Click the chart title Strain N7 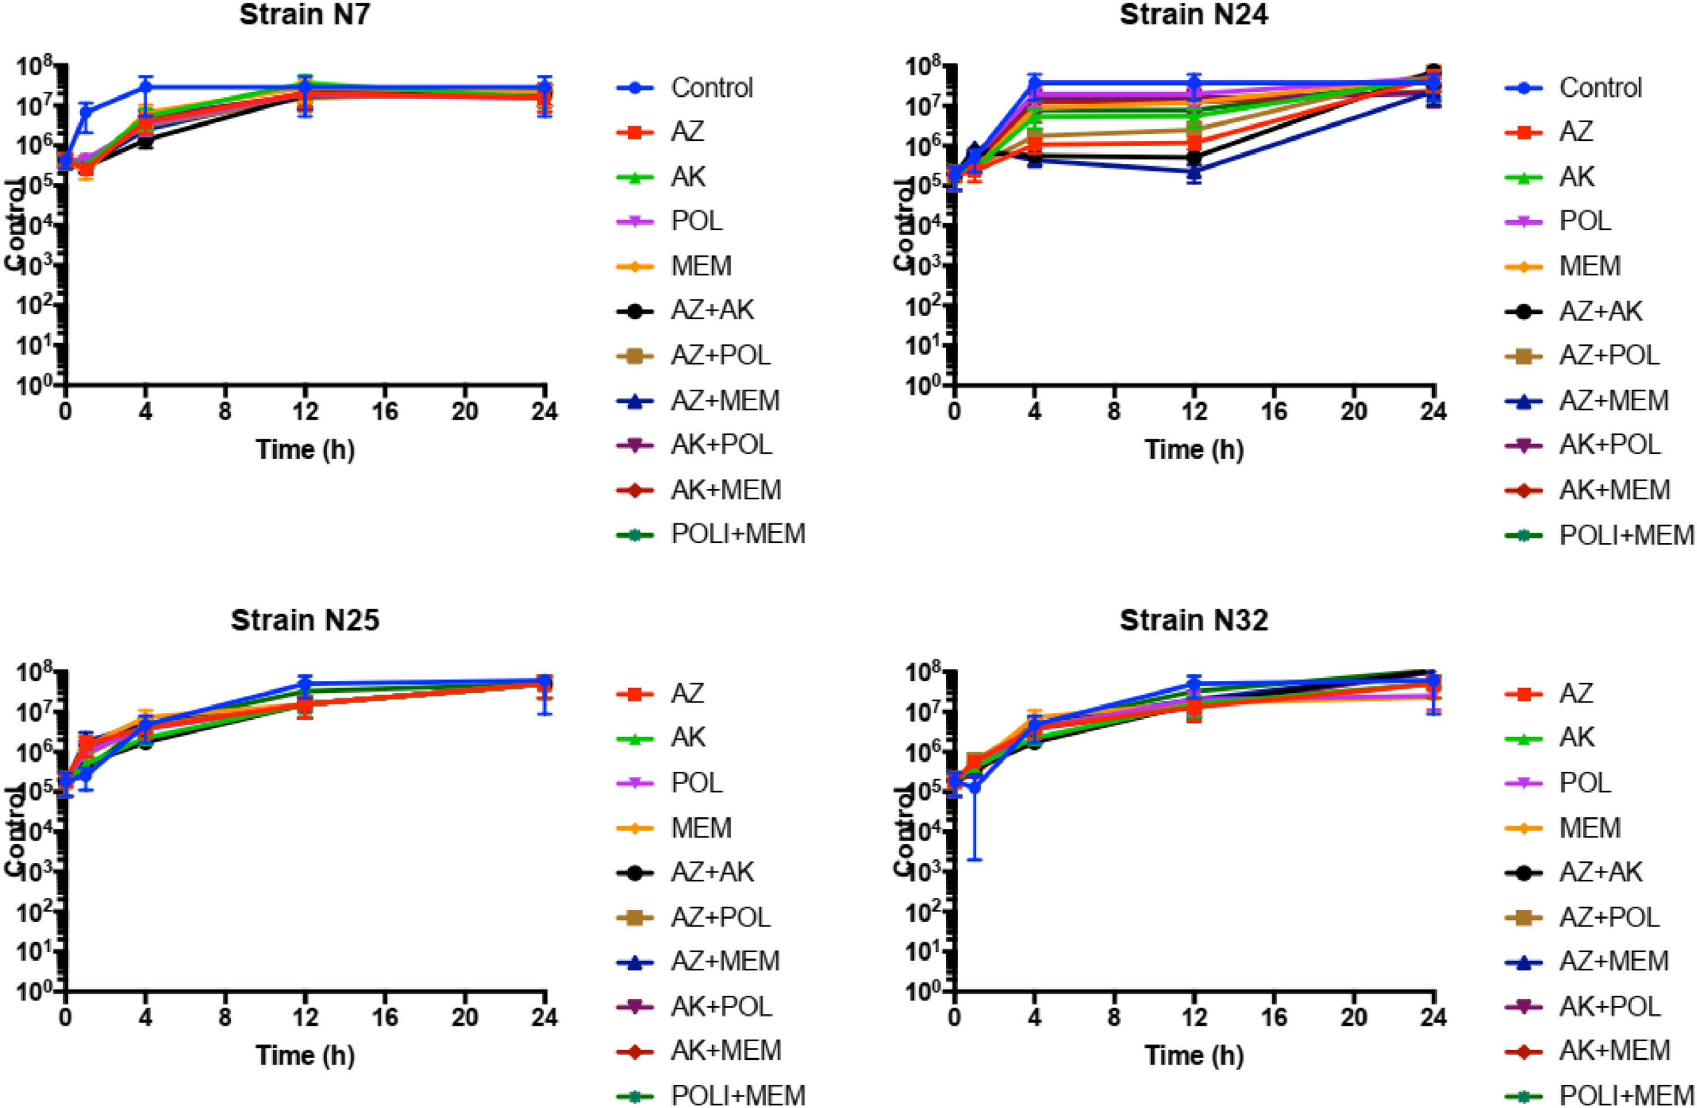tap(304, 15)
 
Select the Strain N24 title tap(1194, 15)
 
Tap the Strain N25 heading tap(304, 620)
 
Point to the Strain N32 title tap(1194, 620)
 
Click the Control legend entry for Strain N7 tap(711, 88)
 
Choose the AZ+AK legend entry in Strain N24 tap(1601, 310)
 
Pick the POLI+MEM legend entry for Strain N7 tap(738, 534)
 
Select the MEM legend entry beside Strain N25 tap(701, 828)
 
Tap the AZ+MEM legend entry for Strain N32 tap(1614, 961)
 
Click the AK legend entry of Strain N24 tap(1577, 176)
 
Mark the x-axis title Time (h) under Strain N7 tap(305, 450)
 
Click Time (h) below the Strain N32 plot tap(1194, 1055)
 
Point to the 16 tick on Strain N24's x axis tap(1274, 412)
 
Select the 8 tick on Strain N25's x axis tap(225, 1017)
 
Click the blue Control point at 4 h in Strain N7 tap(145, 87)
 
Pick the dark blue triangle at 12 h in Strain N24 tap(1194, 171)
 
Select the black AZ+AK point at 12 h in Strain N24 tap(1194, 157)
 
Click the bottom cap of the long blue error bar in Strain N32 tap(975, 859)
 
